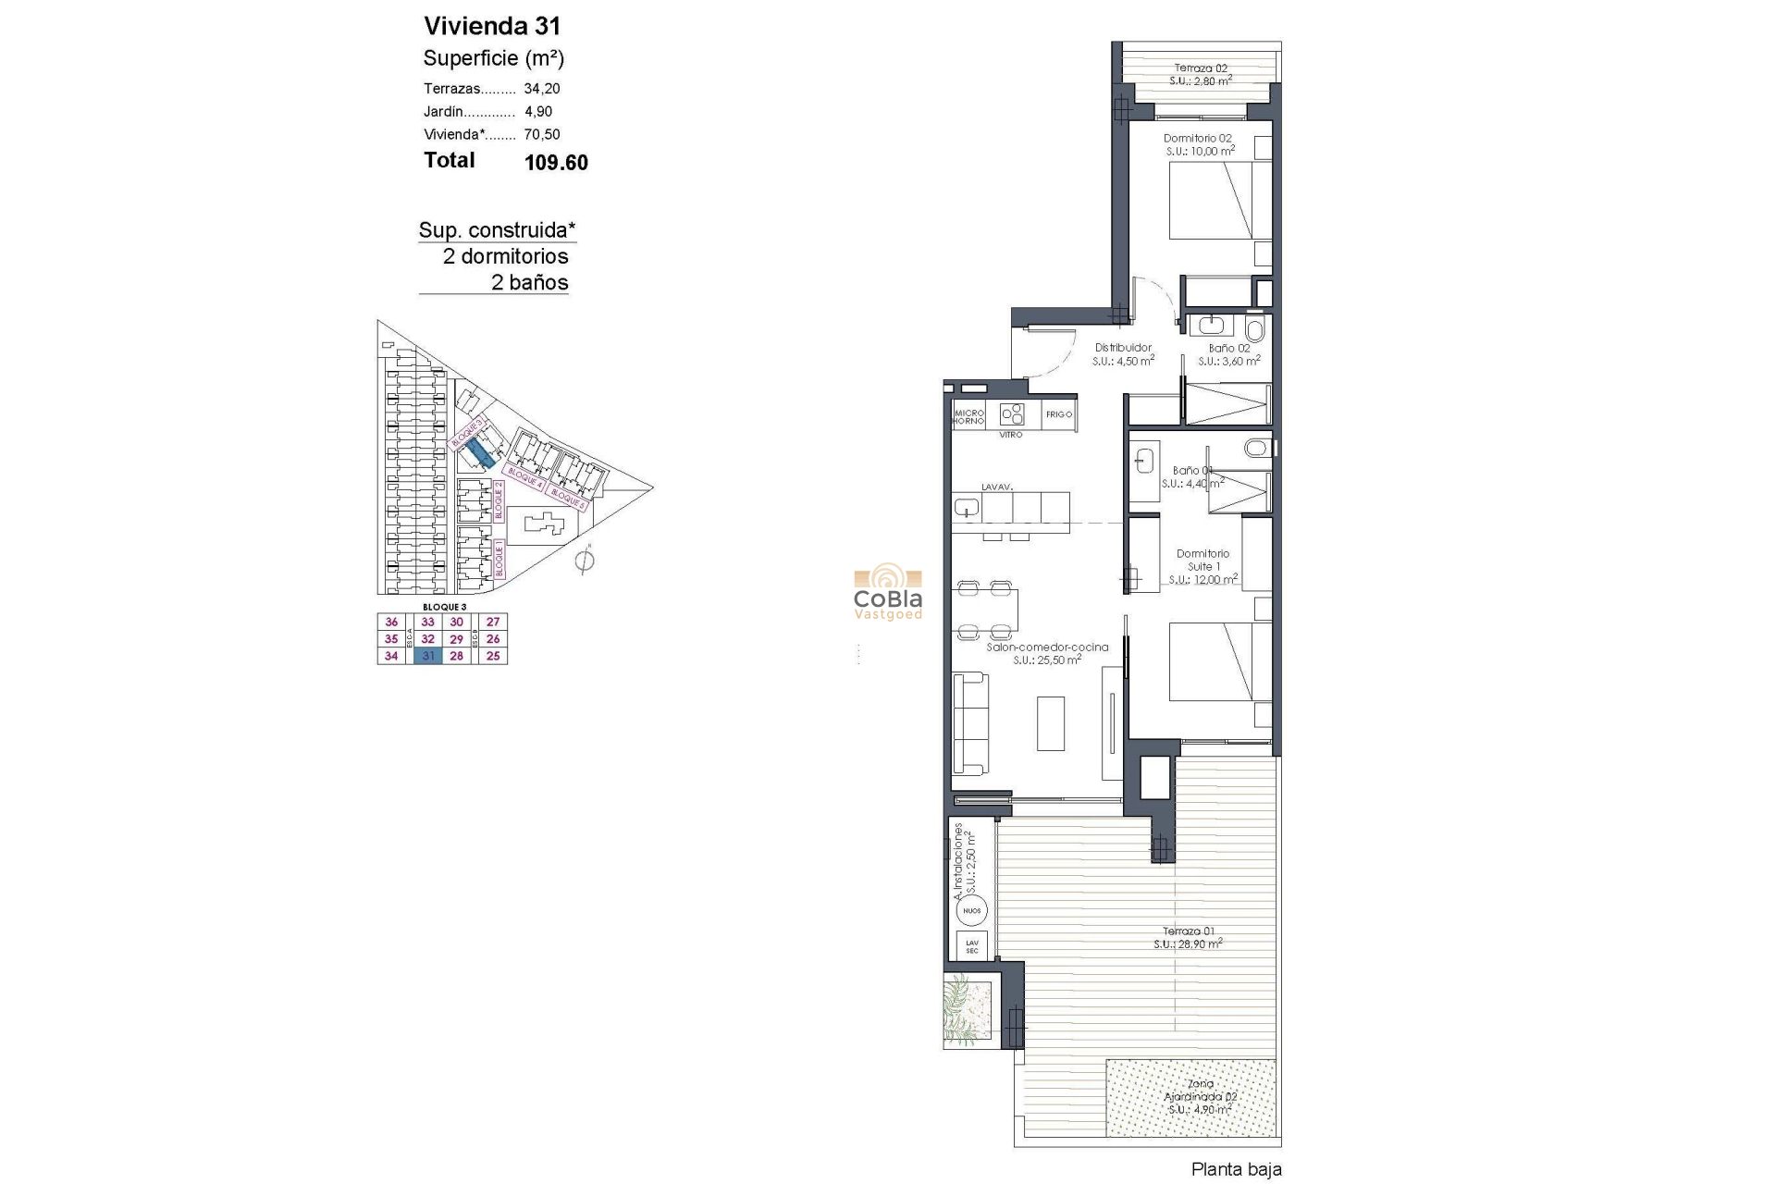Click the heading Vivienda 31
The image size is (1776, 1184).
point(492,26)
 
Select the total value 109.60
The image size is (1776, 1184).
point(556,163)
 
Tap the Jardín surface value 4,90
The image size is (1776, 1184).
point(538,111)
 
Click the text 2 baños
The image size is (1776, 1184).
point(529,282)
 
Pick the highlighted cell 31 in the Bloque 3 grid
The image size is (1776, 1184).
point(428,656)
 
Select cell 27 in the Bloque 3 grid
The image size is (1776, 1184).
point(493,622)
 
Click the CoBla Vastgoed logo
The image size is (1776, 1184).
point(887,592)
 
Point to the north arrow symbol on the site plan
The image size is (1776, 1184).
point(584,560)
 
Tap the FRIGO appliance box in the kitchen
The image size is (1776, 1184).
point(1059,414)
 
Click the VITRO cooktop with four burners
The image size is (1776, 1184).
point(1012,413)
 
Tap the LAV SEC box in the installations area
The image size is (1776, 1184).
point(971,946)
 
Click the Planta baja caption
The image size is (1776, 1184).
point(1236,1169)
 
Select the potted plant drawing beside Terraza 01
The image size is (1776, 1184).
point(967,1010)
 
